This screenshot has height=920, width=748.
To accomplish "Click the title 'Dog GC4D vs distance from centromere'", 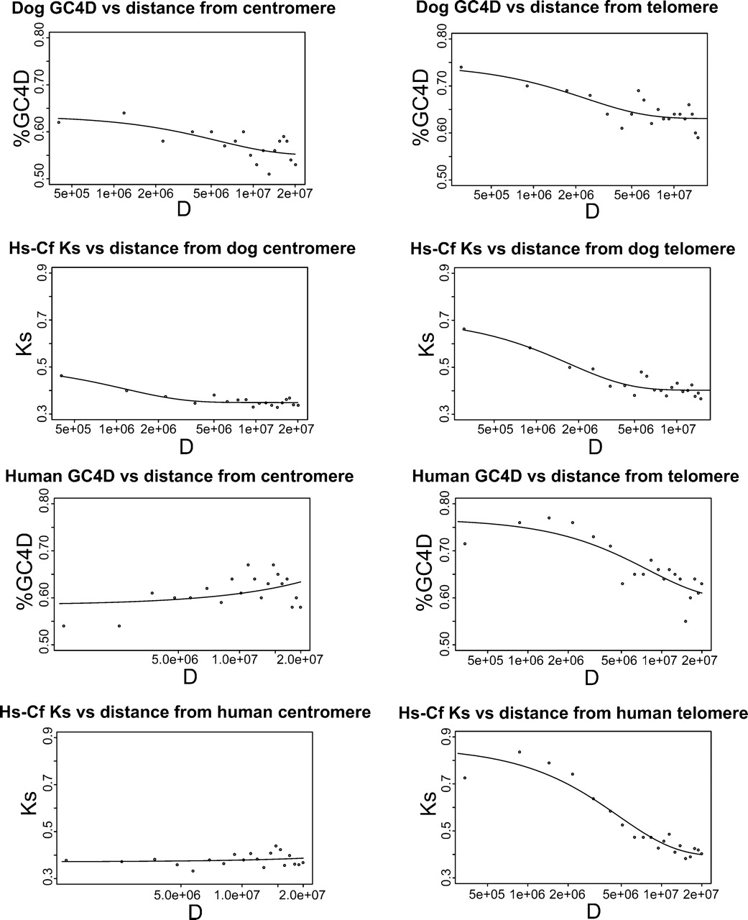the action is [174, 8].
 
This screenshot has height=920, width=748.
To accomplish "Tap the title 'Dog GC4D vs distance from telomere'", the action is [567, 7].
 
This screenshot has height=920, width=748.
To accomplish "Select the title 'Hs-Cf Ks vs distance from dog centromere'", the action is [183, 249].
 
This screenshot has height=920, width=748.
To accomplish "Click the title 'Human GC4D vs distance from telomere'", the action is [576, 476].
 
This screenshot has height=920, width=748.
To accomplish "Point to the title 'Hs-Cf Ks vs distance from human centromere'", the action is [185, 712].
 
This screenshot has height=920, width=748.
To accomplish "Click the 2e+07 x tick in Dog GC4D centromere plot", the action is [294, 193].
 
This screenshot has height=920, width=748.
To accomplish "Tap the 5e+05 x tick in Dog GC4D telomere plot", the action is [491, 195].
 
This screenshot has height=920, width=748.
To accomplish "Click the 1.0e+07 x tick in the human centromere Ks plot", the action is [241, 895].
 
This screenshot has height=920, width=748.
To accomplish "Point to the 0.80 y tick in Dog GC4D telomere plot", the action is [441, 39].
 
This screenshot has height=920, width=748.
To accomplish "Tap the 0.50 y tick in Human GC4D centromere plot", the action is [44, 645].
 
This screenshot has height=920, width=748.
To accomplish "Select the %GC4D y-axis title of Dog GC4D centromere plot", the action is [22, 108].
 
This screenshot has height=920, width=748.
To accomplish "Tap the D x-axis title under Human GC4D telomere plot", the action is [591, 678].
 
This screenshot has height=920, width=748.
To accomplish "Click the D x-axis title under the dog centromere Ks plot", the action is [186, 447].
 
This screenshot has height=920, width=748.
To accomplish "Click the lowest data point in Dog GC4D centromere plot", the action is [269, 174].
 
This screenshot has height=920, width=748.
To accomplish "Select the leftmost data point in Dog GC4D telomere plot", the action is [461, 68].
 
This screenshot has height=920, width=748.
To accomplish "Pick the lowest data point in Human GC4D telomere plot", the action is [685, 621].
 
